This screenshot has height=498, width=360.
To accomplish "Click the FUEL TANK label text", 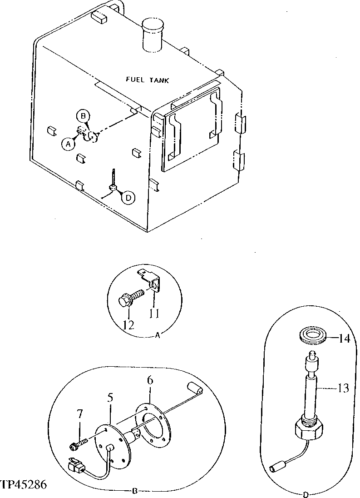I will [x=147, y=80].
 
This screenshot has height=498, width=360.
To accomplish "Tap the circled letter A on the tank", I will [x=68, y=144].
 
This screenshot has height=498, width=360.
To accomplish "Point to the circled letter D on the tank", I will [x=128, y=197].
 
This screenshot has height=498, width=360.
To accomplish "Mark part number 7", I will [x=80, y=413].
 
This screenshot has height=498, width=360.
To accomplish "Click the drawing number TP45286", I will [x=24, y=485].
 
